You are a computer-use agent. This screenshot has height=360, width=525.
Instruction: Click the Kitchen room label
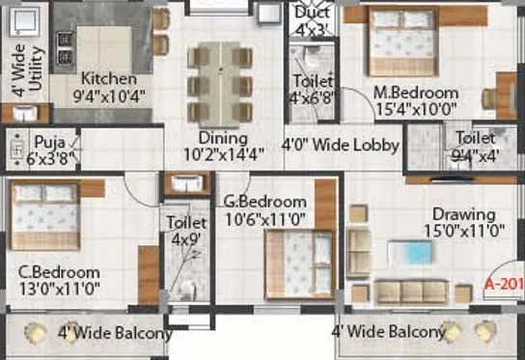(x=108, y=79)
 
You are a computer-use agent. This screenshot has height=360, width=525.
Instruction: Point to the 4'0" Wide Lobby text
(x=340, y=146)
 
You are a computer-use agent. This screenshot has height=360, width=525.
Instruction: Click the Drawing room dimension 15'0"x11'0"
(x=463, y=231)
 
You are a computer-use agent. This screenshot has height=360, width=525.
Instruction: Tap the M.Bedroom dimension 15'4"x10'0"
(x=416, y=109)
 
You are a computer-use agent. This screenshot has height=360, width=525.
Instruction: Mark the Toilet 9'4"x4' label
(x=476, y=145)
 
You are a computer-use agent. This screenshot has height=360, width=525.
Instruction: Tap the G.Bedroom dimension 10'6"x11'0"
(x=263, y=218)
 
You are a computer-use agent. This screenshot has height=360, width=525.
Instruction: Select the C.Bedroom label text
(x=60, y=271)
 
